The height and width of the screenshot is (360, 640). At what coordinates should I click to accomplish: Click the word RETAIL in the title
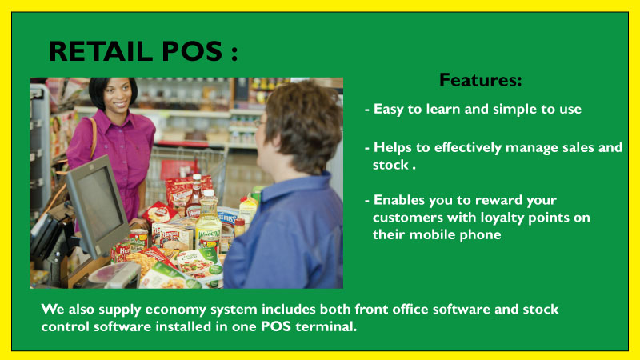coord(102,51)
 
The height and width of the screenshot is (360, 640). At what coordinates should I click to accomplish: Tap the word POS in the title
coord(192,51)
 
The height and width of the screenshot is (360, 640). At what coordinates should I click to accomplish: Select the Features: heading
coord(481,79)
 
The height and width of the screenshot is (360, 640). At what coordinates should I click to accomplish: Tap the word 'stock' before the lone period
coord(390,165)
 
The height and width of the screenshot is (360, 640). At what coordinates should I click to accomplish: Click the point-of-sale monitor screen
coord(98,204)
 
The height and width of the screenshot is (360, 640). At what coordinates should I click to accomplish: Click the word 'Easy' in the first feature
coord(389,109)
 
